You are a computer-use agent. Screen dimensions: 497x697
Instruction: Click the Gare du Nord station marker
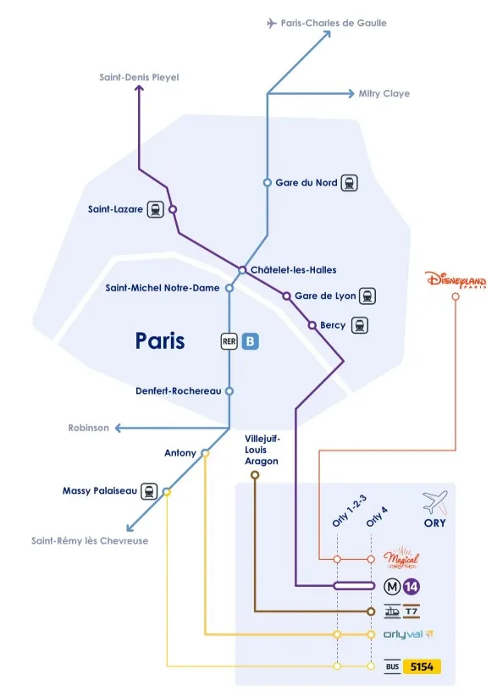pos(268,183)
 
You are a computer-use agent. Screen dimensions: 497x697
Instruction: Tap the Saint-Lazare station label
pos(115,209)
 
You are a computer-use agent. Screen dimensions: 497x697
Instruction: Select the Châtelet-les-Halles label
pos(294,270)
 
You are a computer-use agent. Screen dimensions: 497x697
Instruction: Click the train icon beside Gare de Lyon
pos(367,296)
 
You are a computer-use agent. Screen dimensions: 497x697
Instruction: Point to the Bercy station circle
pos(312,325)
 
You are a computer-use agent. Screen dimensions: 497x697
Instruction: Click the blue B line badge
pos(251,341)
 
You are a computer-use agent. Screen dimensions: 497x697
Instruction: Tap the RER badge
pos(229,341)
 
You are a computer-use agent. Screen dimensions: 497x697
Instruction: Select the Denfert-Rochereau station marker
pos(229,391)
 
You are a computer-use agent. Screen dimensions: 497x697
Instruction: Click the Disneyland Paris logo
pos(456,279)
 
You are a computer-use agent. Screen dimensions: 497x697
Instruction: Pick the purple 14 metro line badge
pos(411,587)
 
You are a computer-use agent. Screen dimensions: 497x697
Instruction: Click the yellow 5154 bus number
pos(422,667)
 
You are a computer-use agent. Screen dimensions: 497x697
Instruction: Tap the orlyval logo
pos(408,634)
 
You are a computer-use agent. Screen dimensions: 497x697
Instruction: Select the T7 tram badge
pos(411,611)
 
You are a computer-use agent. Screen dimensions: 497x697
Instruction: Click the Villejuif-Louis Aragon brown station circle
pos(255,475)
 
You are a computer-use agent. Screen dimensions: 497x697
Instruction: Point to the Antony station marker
pos(205,453)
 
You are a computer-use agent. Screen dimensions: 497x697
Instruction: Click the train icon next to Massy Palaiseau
pos(149,491)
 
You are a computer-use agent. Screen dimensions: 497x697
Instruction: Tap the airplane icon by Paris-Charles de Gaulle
pos(272,23)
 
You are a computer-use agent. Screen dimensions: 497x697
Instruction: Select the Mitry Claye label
pos(384,94)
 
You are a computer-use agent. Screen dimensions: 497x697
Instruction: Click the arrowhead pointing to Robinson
pos(119,428)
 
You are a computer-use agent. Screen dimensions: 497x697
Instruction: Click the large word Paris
pos(160,341)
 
